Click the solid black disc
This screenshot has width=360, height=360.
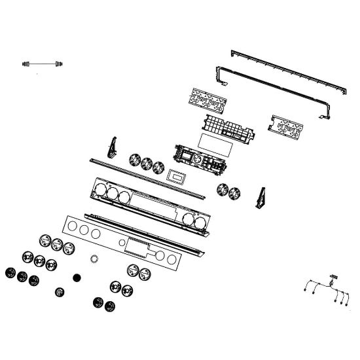pos(77,278)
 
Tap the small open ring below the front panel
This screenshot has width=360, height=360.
pos(94,259)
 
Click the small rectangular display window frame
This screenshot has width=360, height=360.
pos(176,175)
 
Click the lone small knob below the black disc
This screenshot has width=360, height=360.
pos(60,291)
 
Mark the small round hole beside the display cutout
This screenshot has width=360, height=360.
pos(122,243)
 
